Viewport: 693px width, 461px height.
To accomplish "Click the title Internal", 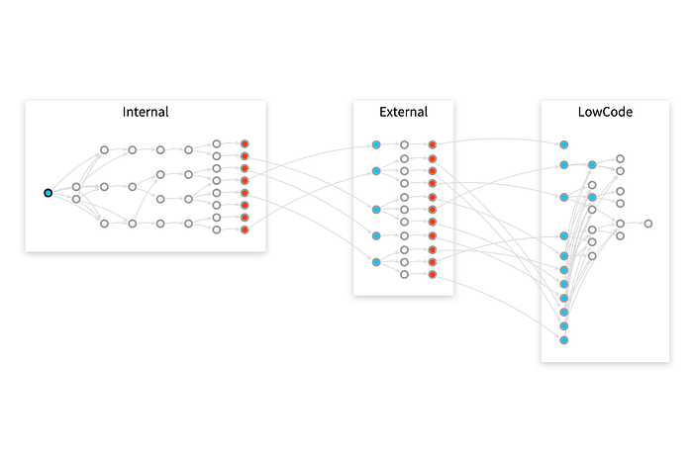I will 146,112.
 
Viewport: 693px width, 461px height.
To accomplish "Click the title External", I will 403,112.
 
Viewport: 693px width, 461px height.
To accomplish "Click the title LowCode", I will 604,112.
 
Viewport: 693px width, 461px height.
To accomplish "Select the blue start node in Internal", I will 48,193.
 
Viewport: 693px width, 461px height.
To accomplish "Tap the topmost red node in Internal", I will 245,144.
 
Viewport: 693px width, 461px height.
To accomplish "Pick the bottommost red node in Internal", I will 245,230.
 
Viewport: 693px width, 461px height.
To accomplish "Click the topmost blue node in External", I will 376,144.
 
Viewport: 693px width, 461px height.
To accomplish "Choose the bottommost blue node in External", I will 376,262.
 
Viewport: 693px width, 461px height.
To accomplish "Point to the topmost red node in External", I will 433,144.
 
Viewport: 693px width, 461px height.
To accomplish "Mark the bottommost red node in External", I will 433,274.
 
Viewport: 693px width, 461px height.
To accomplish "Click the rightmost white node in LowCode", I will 648,224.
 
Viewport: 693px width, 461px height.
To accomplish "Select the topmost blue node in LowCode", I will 563,144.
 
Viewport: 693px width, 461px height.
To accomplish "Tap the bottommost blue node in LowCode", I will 563,340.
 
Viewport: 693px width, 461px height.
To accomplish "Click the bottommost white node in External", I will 404,274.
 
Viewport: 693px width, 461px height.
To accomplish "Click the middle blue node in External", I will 376,210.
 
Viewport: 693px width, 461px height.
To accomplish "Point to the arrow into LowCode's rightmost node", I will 635,224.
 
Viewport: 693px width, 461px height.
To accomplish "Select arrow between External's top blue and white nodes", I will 390,144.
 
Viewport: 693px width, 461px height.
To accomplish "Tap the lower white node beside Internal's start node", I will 76,199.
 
